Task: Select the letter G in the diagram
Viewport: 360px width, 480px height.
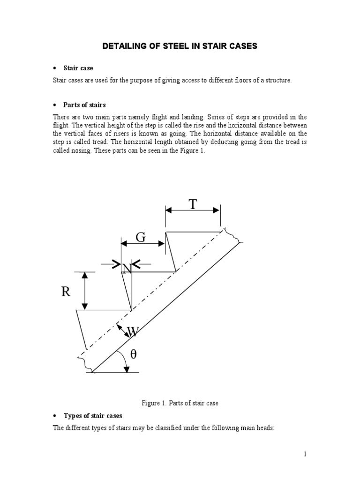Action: point(141,237)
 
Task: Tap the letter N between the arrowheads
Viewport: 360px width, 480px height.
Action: point(127,269)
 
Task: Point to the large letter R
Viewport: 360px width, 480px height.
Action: point(66,292)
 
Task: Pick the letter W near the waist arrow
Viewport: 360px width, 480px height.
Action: point(133,332)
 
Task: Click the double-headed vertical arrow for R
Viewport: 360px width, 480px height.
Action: point(85,291)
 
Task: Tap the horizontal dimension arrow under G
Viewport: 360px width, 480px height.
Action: point(142,244)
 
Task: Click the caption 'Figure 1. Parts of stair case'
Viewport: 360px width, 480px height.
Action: point(180,403)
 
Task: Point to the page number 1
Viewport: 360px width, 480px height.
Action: point(305,454)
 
